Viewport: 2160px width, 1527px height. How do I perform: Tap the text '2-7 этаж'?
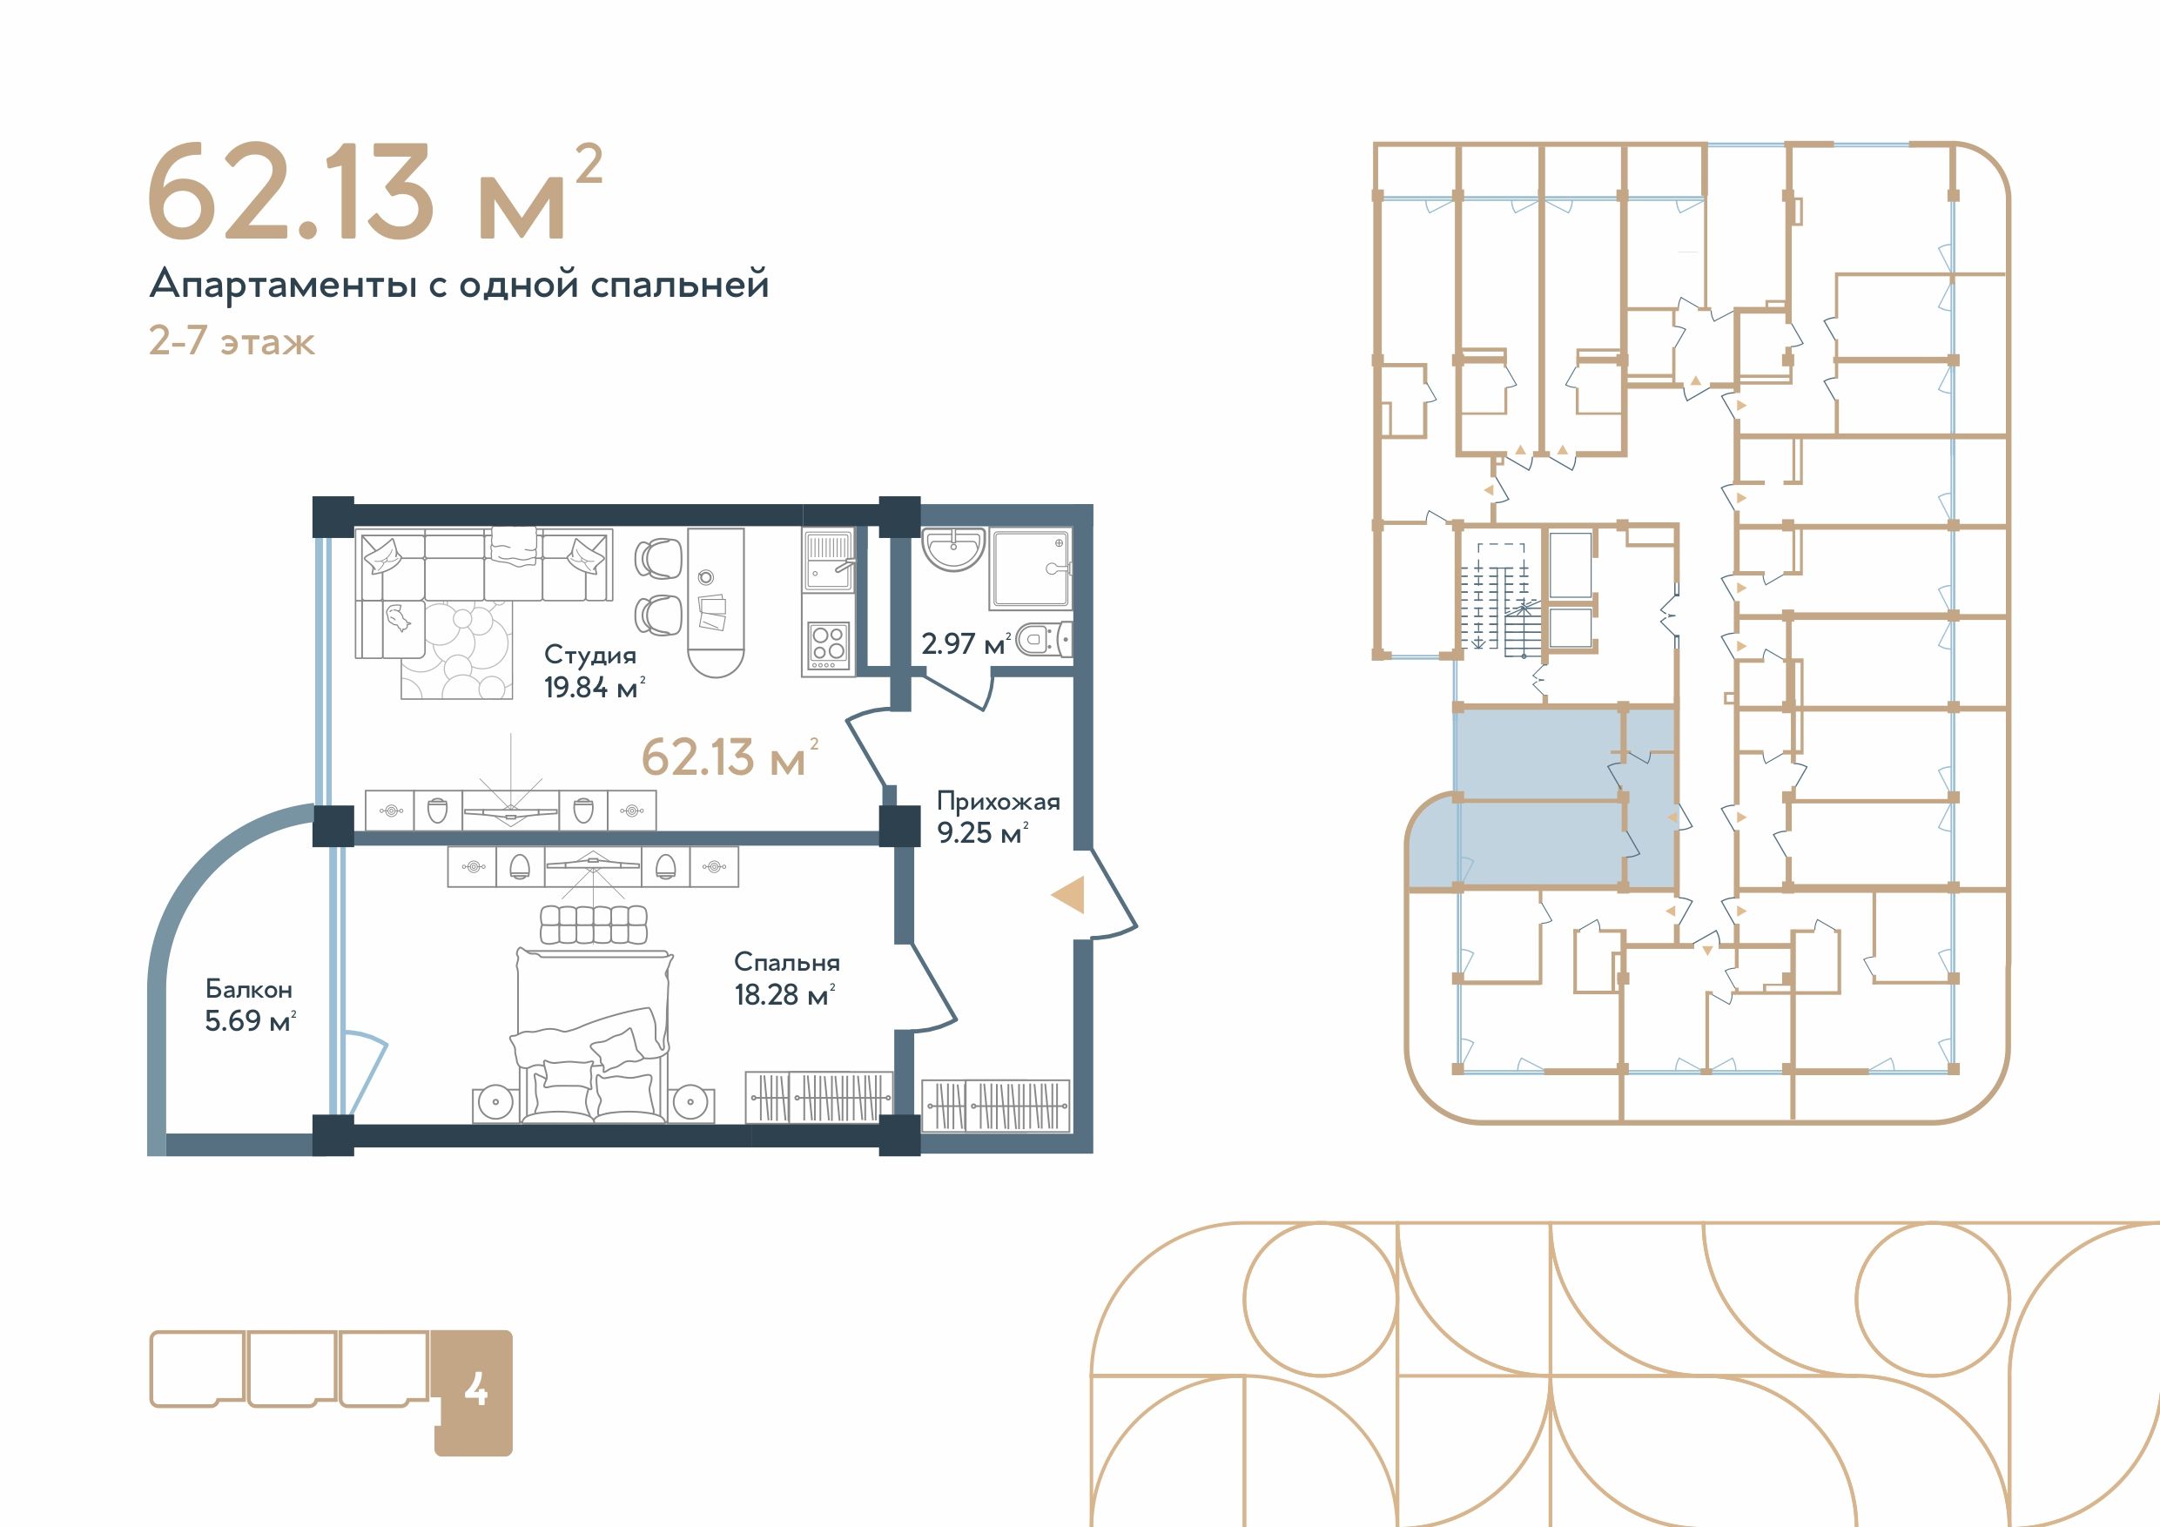[232, 340]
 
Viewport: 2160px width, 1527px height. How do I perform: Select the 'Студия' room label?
[590, 655]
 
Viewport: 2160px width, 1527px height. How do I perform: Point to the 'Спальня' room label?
[786, 963]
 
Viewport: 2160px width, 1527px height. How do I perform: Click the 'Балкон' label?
[249, 989]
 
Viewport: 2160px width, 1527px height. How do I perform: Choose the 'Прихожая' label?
[998, 802]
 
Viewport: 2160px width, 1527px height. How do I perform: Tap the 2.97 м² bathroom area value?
[966, 643]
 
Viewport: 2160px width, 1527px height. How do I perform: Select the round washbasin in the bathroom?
[954, 548]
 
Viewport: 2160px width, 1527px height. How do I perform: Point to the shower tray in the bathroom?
[1030, 568]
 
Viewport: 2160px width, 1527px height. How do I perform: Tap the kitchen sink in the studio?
[828, 562]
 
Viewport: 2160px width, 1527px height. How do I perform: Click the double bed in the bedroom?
[593, 1035]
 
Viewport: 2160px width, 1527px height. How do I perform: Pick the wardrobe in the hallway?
[996, 1105]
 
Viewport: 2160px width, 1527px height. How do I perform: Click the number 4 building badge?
[474, 1392]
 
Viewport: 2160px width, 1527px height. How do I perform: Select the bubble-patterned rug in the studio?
[457, 650]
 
